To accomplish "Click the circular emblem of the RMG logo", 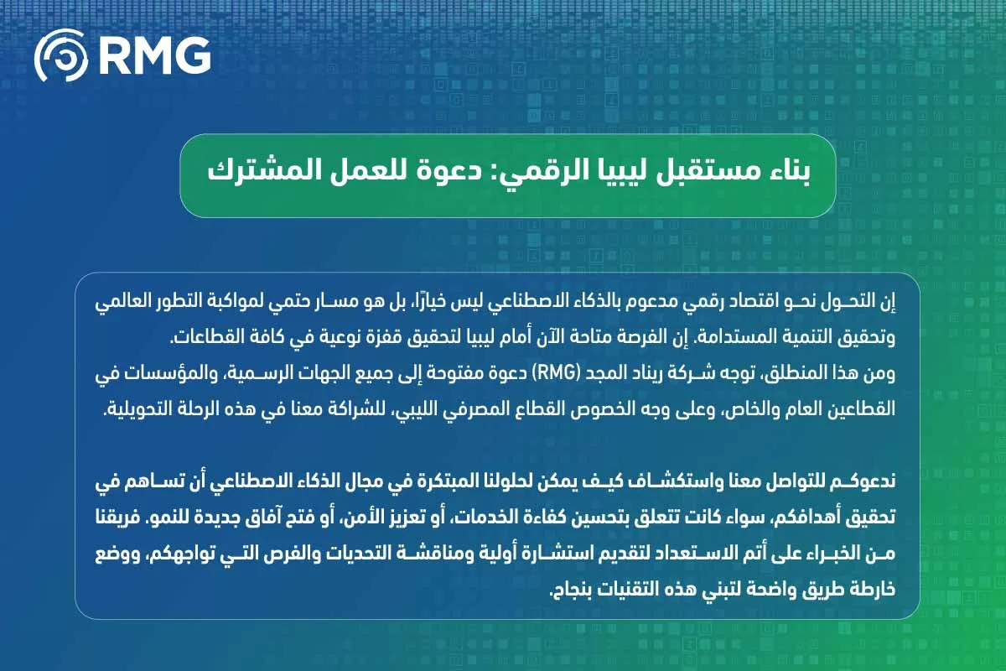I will click(60, 55).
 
